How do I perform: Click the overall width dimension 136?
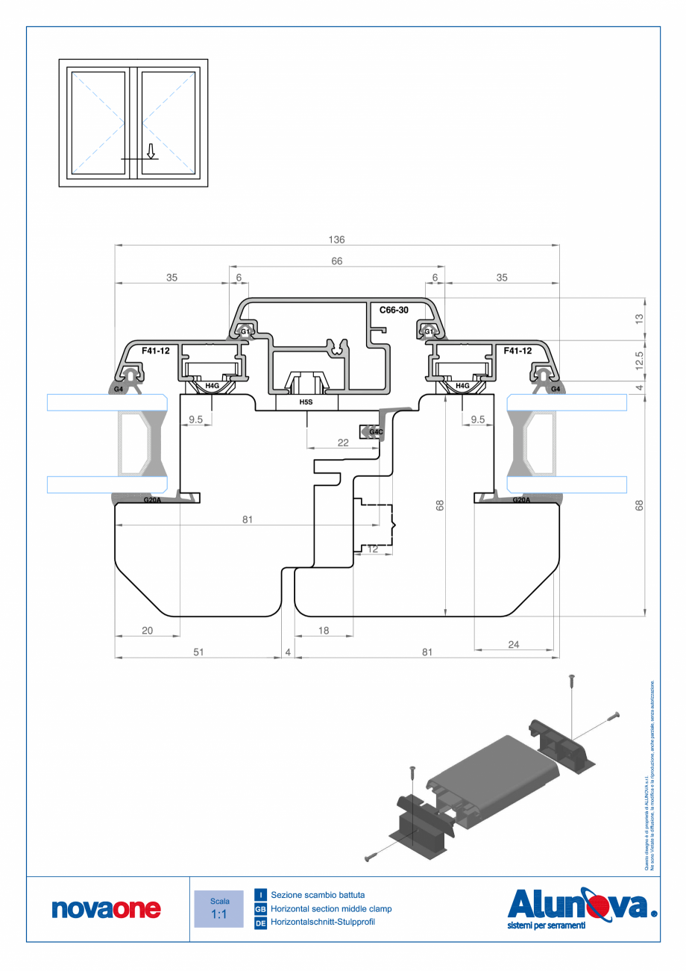tap(336, 240)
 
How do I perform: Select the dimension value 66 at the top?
tap(336, 261)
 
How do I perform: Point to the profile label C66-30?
tap(394, 310)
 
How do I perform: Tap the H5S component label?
tap(306, 402)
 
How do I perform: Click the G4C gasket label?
tap(375, 431)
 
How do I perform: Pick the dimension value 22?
tap(342, 443)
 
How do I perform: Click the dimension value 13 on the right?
tap(639, 318)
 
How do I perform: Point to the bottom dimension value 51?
tap(198, 652)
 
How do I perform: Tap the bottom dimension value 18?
tap(324, 631)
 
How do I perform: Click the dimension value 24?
tap(514, 645)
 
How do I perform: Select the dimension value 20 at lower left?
tap(147, 631)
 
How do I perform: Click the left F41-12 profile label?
tap(156, 350)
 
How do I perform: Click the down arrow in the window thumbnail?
tap(151, 152)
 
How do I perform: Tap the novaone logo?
tap(106, 908)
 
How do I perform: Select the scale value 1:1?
tap(218, 914)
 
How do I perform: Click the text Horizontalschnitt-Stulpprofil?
tap(323, 923)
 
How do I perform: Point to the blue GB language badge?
tap(261, 909)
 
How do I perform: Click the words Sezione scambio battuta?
tap(318, 894)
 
